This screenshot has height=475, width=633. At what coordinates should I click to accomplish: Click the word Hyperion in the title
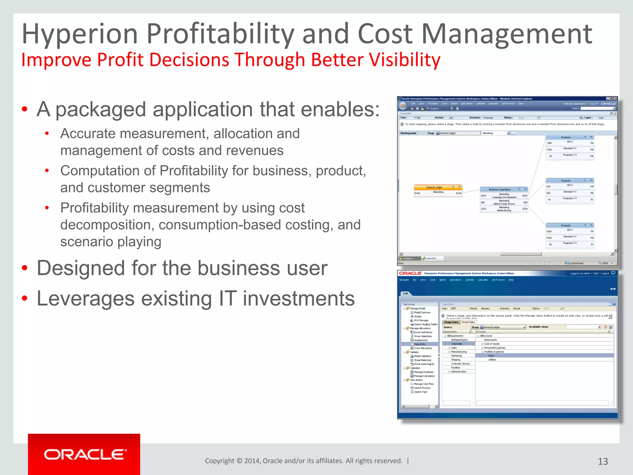pyautogui.click(x=80, y=34)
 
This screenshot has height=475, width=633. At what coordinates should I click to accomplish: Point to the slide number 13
pyautogui.click(x=603, y=461)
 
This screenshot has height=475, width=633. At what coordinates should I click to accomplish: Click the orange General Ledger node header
pyautogui.click(x=434, y=187)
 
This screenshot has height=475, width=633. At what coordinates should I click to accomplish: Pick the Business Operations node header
pyautogui.click(x=500, y=190)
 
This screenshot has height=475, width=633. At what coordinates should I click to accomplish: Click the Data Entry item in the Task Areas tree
pyautogui.click(x=420, y=344)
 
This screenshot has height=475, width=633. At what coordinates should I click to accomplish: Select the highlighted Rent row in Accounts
pyautogui.click(x=491, y=356)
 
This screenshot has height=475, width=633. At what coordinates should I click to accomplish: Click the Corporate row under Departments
pyautogui.click(x=457, y=344)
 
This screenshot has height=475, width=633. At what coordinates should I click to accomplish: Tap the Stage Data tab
pyautogui.click(x=451, y=322)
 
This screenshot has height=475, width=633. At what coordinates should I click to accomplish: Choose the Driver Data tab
pyautogui.click(x=468, y=322)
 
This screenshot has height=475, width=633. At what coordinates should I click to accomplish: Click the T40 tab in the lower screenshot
pyautogui.click(x=405, y=293)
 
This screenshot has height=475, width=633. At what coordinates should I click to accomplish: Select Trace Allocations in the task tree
pyautogui.click(x=423, y=348)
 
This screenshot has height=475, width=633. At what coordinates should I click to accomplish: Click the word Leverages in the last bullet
pyautogui.click(x=86, y=299)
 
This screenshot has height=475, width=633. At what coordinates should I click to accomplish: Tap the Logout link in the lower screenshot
pyautogui.click(x=605, y=273)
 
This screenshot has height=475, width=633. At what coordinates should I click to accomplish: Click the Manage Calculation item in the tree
pyautogui.click(x=424, y=376)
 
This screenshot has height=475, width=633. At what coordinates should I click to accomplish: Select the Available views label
pyautogui.click(x=538, y=327)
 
